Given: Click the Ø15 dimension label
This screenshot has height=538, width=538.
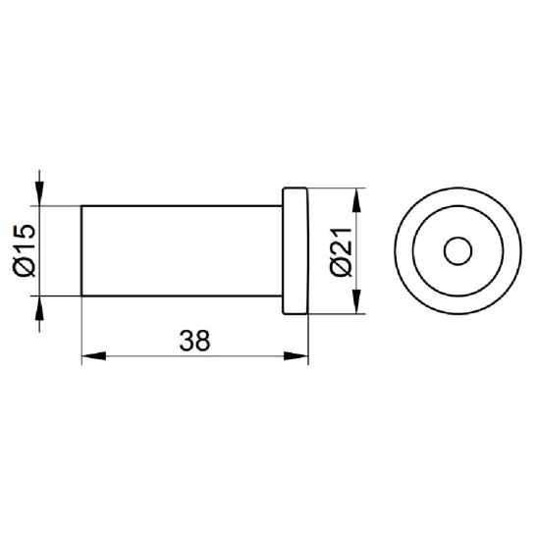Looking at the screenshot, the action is [25, 250].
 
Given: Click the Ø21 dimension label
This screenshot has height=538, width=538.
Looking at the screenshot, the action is [341, 251].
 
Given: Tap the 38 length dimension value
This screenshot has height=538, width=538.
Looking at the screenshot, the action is [194, 341].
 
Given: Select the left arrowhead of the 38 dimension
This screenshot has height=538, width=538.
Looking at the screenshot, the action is [94, 355].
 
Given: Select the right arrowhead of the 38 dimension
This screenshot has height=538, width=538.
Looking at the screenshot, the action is [296, 355].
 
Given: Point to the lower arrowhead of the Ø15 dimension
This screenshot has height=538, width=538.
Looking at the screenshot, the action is [39, 308].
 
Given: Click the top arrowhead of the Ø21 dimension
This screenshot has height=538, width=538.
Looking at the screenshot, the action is [356, 200].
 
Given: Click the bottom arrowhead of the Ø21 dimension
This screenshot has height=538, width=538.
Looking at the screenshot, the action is [356, 301].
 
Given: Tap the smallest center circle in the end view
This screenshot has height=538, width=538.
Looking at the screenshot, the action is [457, 237].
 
